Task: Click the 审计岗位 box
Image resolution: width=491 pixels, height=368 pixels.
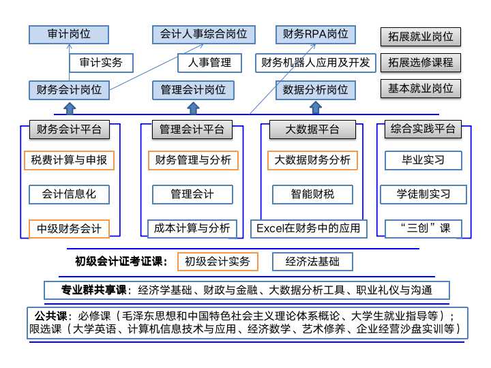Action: (x=69, y=35)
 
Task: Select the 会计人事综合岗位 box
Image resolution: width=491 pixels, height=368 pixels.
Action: (x=203, y=35)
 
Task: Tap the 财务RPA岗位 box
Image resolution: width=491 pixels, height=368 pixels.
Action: (x=316, y=35)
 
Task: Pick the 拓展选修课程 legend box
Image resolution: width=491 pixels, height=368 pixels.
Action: (x=421, y=63)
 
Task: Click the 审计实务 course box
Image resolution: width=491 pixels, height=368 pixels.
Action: (x=101, y=63)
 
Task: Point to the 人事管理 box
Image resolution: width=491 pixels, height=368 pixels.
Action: (x=209, y=63)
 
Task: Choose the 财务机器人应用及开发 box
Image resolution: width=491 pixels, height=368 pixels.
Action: (x=316, y=63)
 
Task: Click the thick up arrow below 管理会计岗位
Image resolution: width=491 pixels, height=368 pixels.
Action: (x=193, y=108)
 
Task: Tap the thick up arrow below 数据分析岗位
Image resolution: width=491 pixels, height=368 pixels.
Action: (x=316, y=108)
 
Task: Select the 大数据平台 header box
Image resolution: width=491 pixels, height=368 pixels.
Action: (x=312, y=129)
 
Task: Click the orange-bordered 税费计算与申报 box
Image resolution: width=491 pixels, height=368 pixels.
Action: (x=69, y=160)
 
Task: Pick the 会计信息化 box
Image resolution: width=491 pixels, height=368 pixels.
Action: (x=69, y=194)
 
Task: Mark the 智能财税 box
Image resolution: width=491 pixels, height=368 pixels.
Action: (x=312, y=194)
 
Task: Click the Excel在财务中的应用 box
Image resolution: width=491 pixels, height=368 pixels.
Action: (x=308, y=228)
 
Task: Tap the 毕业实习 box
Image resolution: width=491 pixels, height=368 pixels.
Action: (x=423, y=160)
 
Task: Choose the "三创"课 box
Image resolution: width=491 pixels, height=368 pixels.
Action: (x=423, y=228)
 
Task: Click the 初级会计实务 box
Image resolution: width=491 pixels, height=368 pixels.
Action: (x=218, y=262)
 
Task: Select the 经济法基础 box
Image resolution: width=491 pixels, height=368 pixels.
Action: (x=312, y=262)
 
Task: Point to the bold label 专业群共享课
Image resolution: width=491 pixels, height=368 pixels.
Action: (x=93, y=290)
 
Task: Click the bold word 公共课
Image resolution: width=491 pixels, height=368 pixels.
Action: (x=50, y=316)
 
